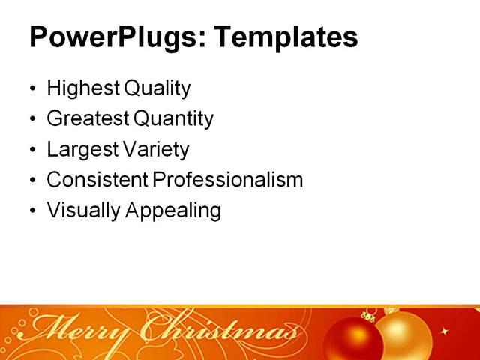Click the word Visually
coord(81,211)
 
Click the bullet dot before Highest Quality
coord(32,89)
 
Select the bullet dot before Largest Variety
coord(32,150)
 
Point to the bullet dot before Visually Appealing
coord(32,211)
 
